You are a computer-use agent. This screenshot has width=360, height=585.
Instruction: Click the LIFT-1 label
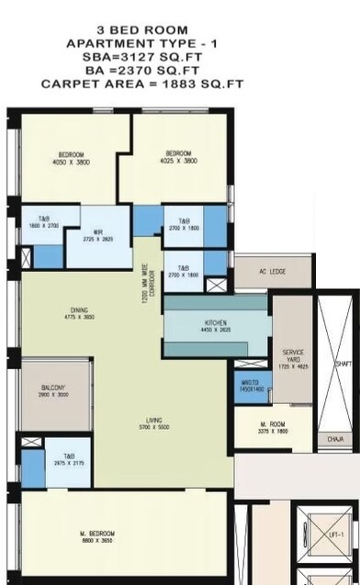[335, 534]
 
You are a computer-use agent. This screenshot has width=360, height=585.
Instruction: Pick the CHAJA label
[335, 439]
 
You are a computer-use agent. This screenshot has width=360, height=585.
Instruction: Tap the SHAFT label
[343, 365]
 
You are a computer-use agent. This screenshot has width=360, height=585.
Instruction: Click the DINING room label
[80, 309]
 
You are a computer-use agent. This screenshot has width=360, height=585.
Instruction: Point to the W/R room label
[96, 232]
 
